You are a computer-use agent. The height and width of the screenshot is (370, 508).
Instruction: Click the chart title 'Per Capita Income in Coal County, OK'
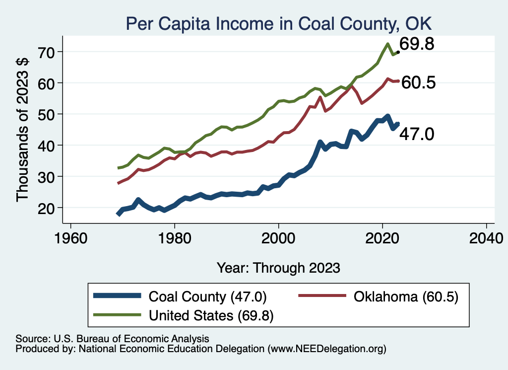point(279,23)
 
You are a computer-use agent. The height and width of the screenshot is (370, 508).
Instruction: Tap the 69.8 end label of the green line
point(417,44)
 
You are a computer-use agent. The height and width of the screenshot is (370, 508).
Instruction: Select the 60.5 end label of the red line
point(418,82)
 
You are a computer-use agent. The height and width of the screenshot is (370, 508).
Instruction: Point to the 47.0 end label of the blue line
point(417,134)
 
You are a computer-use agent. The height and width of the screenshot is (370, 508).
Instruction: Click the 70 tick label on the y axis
point(49,52)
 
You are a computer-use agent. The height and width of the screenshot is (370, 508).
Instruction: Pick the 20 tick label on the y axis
point(49,208)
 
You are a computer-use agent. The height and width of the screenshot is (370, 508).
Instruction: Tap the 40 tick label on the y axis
point(49,145)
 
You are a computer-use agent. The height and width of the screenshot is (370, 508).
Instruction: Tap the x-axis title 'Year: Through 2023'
point(278,268)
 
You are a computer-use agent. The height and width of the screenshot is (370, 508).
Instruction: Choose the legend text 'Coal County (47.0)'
point(208,297)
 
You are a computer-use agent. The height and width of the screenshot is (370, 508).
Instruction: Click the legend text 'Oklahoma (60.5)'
point(405,297)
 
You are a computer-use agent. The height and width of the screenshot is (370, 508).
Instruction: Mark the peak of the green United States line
point(387,44)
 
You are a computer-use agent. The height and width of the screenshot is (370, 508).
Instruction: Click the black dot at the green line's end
point(398,52)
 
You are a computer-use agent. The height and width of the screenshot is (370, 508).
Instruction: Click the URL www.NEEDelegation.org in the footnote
point(326,349)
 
